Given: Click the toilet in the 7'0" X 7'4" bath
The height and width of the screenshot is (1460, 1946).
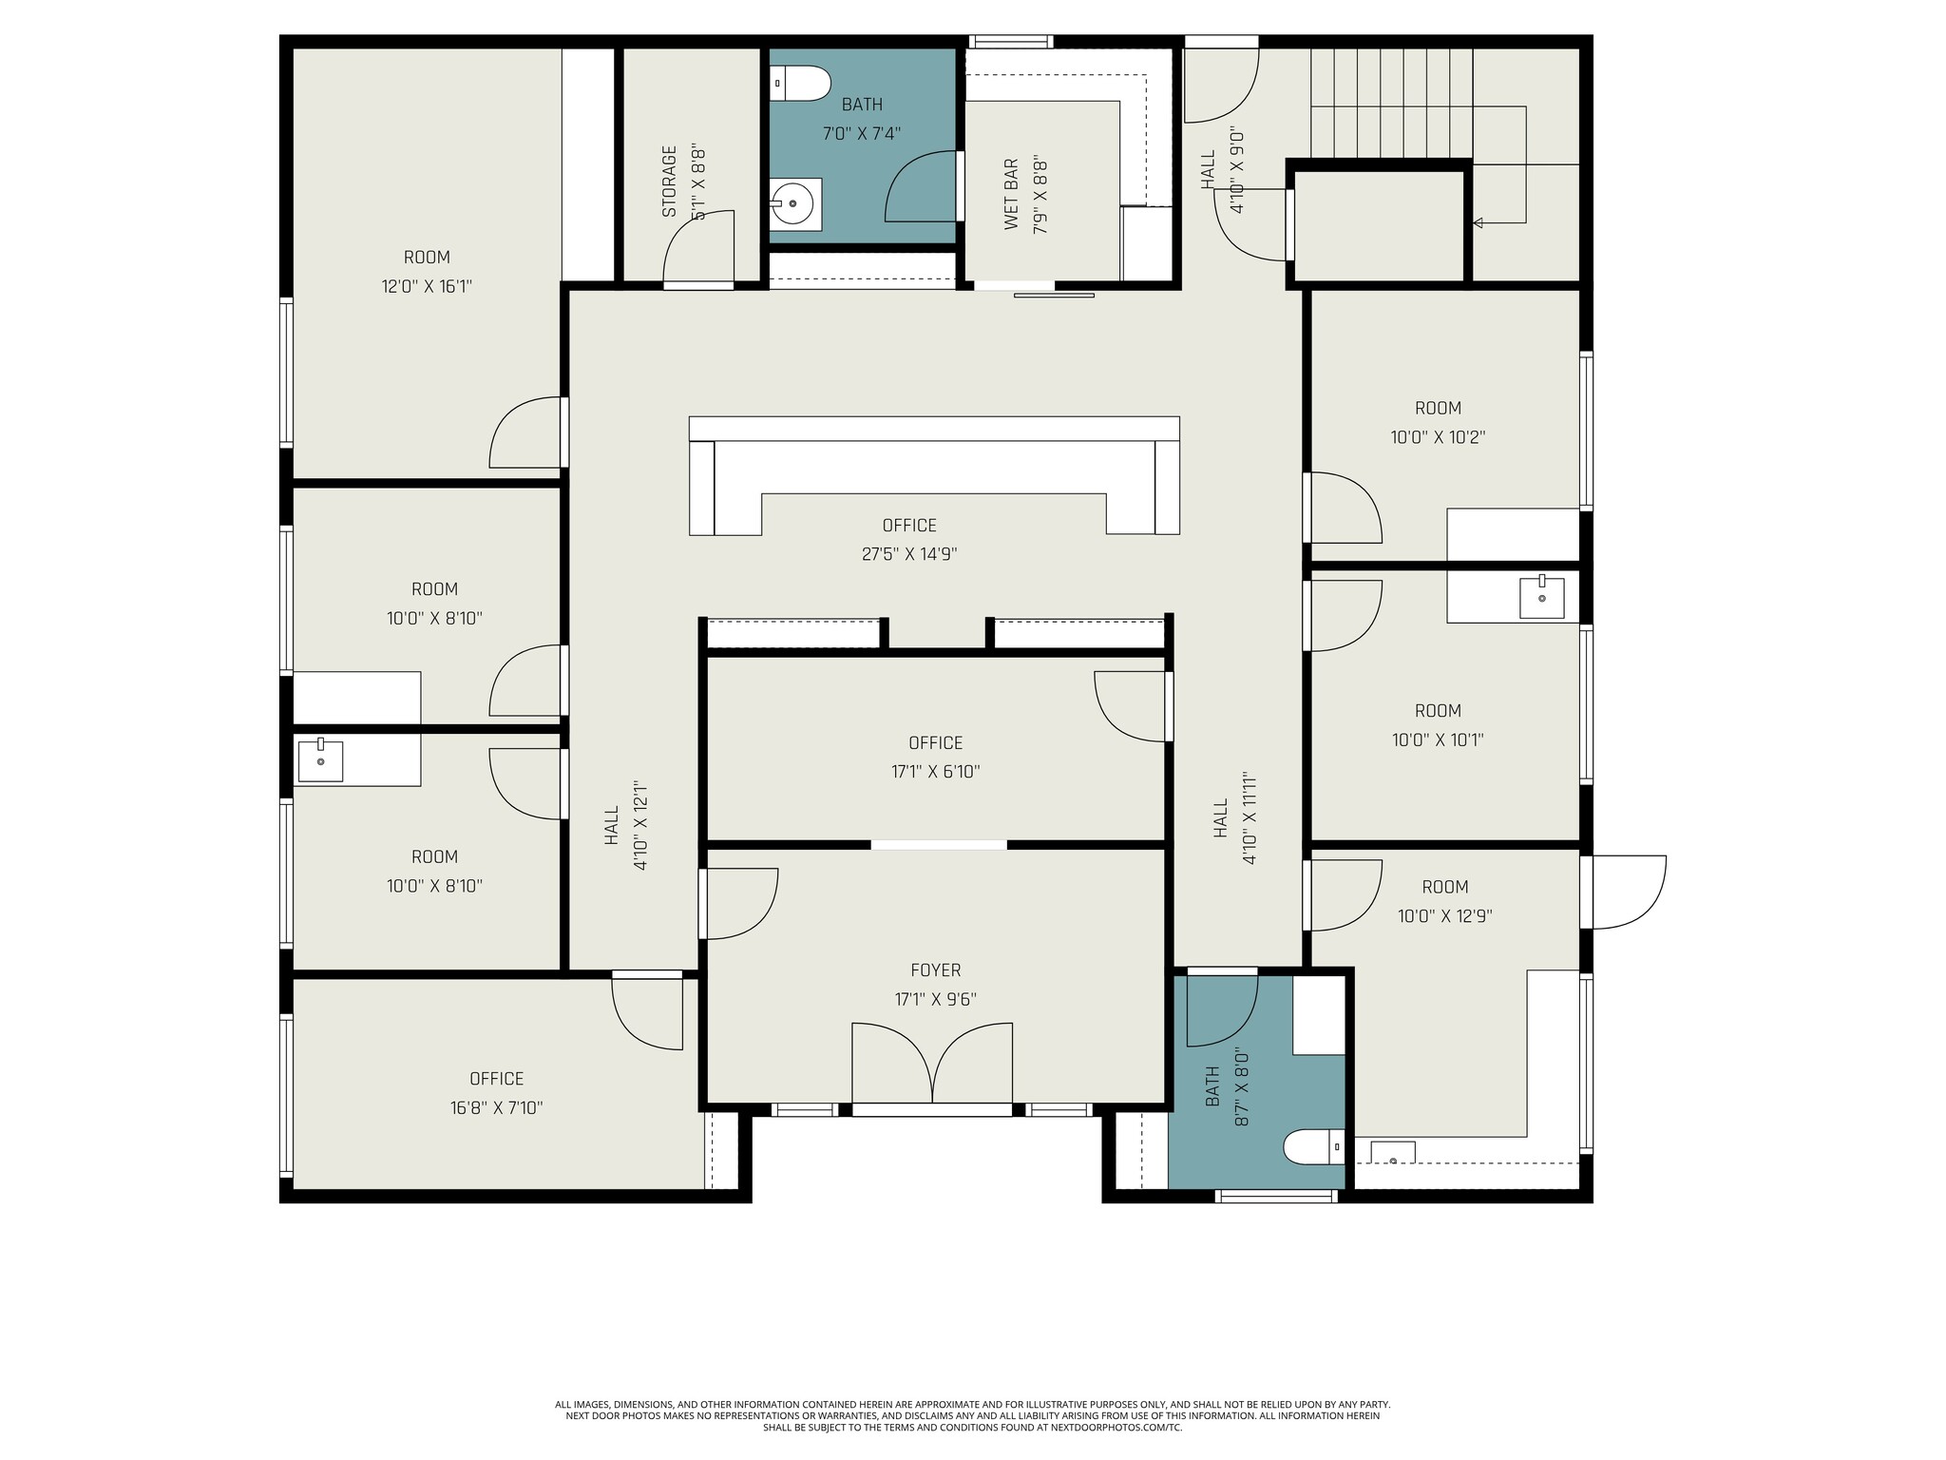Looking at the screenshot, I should click(800, 84).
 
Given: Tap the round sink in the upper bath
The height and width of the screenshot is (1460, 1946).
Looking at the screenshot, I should click(792, 202).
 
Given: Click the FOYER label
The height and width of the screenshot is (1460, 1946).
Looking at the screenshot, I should click(935, 970).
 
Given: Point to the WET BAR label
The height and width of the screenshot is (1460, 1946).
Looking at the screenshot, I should click(1011, 194).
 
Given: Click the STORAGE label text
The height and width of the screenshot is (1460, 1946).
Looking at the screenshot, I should click(670, 181).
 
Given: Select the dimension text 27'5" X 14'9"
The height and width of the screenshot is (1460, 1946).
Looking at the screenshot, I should click(909, 554).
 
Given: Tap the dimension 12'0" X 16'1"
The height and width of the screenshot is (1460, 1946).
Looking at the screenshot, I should click(427, 286).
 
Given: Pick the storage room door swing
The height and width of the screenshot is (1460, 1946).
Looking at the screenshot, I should click(698, 249).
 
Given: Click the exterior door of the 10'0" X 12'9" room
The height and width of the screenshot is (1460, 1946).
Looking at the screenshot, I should click(1627, 892).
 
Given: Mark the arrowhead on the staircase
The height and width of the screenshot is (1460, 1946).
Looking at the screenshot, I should click(1478, 223).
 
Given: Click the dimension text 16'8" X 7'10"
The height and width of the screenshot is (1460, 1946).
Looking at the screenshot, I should click(497, 1108).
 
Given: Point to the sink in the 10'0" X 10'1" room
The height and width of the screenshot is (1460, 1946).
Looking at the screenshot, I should click(1541, 598).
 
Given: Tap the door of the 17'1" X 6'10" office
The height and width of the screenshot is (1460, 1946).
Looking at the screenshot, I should click(1131, 706).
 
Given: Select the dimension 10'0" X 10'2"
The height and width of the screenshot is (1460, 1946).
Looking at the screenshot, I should click(1438, 437).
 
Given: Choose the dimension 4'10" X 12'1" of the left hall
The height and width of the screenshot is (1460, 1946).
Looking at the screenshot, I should click(640, 826).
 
